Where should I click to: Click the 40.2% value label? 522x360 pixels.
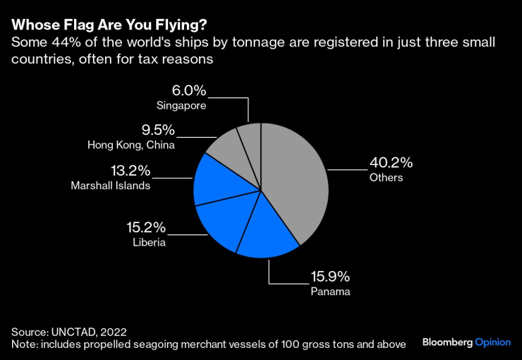click(391, 163)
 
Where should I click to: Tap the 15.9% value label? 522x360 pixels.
click(330, 276)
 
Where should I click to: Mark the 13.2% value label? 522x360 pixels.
click(130, 171)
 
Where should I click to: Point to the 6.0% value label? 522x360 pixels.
click(189, 90)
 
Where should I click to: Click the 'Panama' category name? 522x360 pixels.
click(330, 291)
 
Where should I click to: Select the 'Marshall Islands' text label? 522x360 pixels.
click(111, 186)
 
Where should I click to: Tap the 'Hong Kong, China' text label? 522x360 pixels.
click(131, 145)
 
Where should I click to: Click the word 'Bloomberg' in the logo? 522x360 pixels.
click(447, 342)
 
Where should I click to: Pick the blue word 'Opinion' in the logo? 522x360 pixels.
click(492, 342)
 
